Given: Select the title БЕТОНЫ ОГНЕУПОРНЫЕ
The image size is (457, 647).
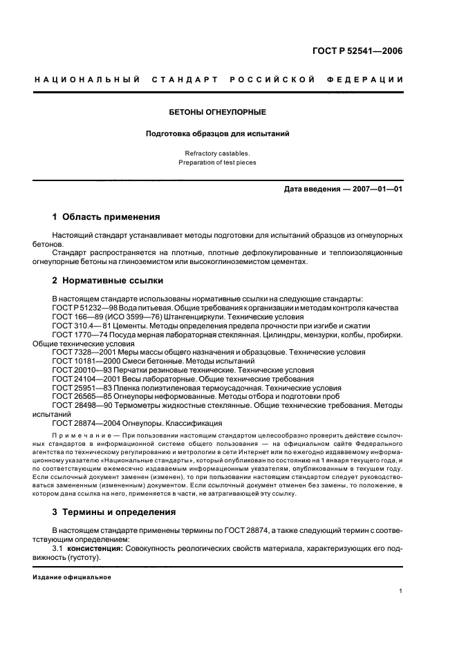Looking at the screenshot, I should click(x=218, y=111).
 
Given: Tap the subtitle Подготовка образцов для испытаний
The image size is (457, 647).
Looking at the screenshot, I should click(x=218, y=133).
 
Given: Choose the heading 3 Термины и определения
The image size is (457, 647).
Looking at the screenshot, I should click(x=114, y=512).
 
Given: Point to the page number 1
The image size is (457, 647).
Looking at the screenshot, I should click(x=401, y=591).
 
